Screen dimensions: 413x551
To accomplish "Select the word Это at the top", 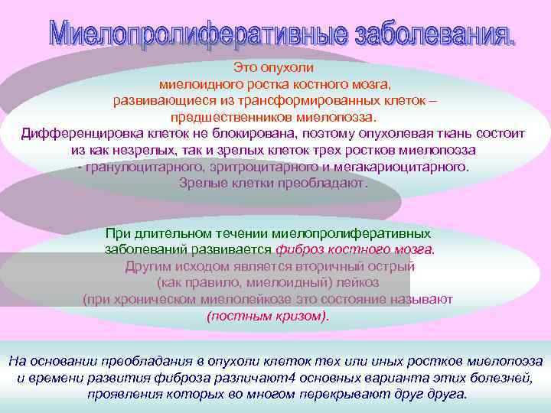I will coord(247,68).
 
